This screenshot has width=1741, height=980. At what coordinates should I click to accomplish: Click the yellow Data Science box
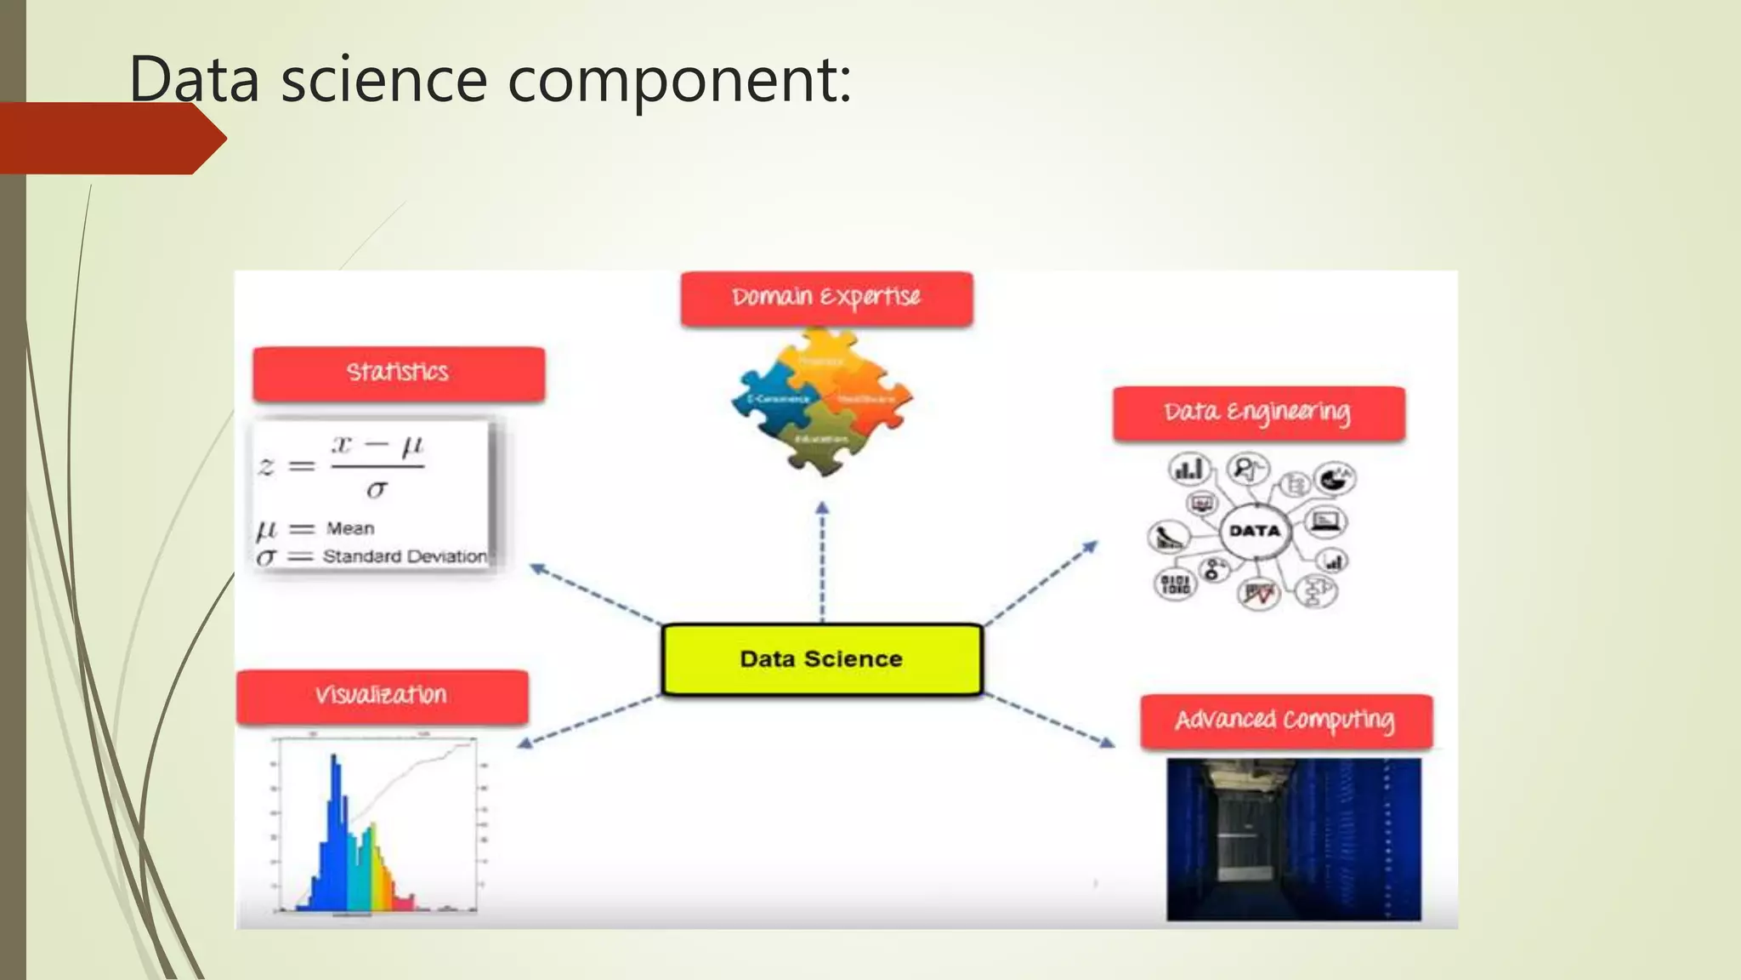coord(821,659)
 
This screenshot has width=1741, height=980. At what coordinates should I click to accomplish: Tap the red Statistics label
coord(398,373)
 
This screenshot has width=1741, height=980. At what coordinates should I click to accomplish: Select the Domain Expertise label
coord(826,298)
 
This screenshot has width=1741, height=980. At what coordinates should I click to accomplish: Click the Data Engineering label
coord(1258,413)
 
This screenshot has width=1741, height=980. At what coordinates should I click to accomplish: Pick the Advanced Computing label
coord(1285,721)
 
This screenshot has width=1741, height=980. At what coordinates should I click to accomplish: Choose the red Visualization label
coord(382,697)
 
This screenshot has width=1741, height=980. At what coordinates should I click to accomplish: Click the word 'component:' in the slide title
coord(679,79)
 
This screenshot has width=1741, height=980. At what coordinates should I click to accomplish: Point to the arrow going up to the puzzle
coord(822,561)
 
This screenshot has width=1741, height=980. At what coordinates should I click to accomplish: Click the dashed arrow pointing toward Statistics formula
coord(595,593)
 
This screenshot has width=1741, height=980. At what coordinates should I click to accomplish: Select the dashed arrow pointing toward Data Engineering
coord(1041,582)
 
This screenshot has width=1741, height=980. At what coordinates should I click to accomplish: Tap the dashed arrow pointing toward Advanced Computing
coord(1051,721)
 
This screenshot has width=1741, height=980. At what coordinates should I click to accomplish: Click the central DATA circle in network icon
coord(1255,531)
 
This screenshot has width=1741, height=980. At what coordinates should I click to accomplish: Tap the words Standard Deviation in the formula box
coord(405,557)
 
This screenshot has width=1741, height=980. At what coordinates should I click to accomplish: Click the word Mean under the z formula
coord(350,528)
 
